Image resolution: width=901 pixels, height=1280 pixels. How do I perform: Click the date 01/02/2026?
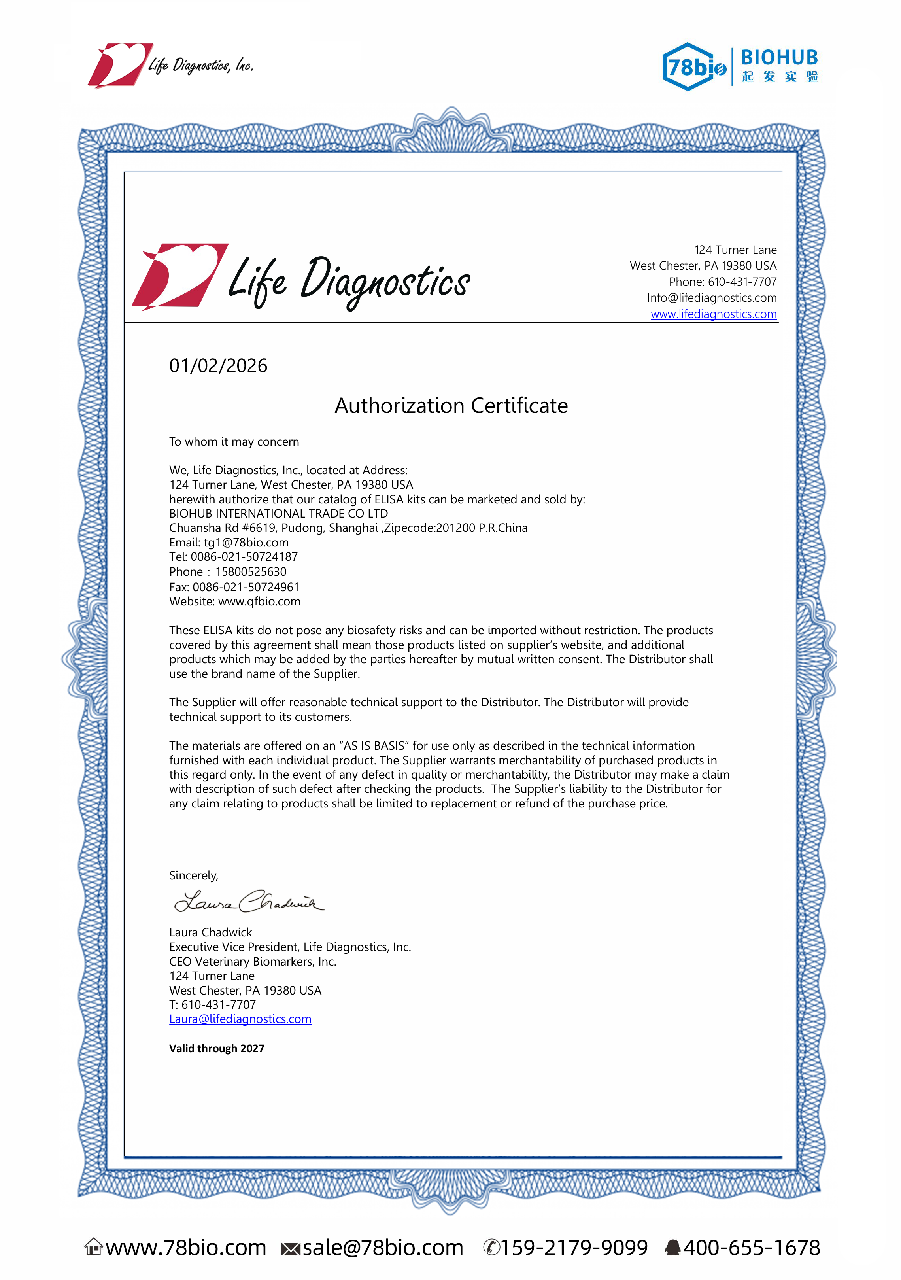click(218, 366)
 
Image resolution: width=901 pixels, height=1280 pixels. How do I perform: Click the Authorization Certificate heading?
click(451, 405)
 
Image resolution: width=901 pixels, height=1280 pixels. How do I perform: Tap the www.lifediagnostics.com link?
click(713, 314)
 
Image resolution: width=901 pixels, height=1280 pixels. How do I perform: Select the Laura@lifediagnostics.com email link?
click(240, 1019)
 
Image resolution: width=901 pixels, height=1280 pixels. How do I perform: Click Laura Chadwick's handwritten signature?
click(248, 900)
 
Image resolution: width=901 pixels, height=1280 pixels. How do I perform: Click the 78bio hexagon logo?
click(693, 67)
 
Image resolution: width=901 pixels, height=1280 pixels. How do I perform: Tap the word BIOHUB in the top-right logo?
click(779, 57)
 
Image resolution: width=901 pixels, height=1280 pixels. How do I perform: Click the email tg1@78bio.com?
click(246, 543)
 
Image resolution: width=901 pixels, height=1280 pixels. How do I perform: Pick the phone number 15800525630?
click(251, 571)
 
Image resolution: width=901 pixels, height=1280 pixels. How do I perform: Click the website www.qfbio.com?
click(259, 601)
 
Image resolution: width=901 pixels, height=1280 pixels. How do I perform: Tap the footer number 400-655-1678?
click(752, 1248)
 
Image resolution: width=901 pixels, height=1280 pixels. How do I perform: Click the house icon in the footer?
click(94, 1247)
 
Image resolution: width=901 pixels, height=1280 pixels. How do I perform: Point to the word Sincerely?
click(193, 875)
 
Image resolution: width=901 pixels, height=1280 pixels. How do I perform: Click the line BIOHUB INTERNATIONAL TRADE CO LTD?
click(278, 513)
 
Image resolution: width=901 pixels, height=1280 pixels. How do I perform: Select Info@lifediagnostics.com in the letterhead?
click(712, 298)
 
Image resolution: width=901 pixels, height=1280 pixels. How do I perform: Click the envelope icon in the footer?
click(291, 1249)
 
